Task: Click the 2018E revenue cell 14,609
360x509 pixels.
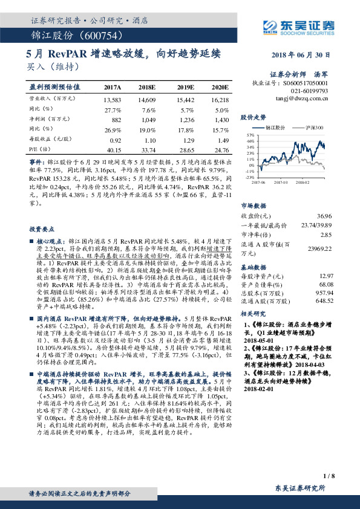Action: coord(147,99)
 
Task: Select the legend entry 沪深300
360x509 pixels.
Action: coord(315,128)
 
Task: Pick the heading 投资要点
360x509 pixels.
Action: coord(42,213)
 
